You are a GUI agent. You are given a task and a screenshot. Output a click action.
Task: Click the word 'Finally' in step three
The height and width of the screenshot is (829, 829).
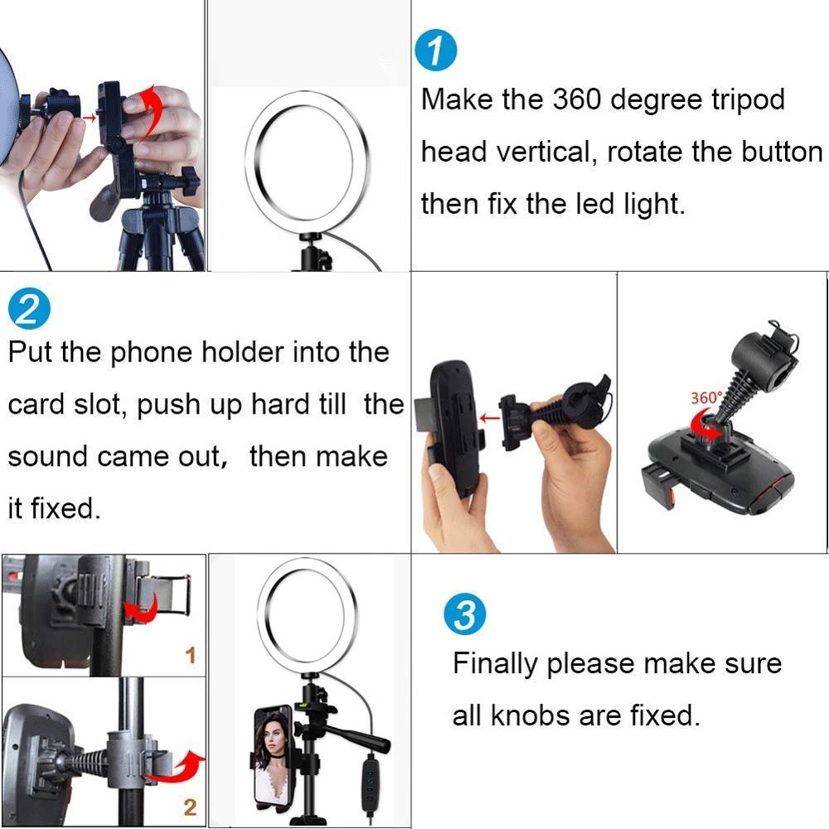click(496, 664)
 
